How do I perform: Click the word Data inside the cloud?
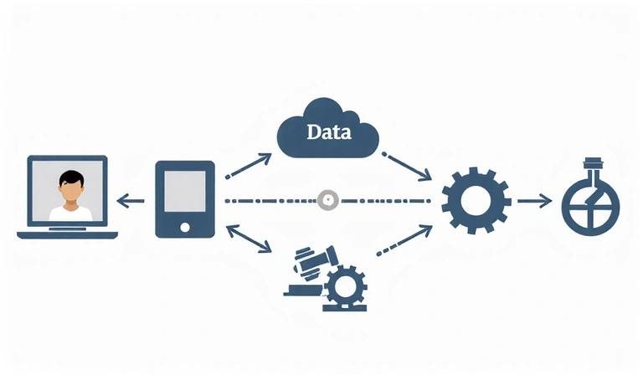(x=329, y=132)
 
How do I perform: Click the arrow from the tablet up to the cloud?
(x=249, y=165)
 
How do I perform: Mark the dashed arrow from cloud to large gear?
(x=408, y=167)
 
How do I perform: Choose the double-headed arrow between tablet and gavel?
(x=249, y=238)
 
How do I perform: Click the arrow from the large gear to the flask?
(x=533, y=201)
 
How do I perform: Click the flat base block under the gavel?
(x=303, y=290)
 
